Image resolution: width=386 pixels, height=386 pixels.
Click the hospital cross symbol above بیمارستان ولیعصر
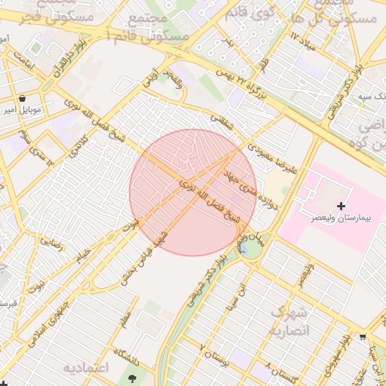(x=341, y=206)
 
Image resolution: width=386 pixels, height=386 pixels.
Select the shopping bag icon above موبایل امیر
(x=22, y=98)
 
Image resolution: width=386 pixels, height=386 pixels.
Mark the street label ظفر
(x=264, y=66)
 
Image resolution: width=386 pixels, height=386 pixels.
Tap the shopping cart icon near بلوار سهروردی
(x=363, y=336)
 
